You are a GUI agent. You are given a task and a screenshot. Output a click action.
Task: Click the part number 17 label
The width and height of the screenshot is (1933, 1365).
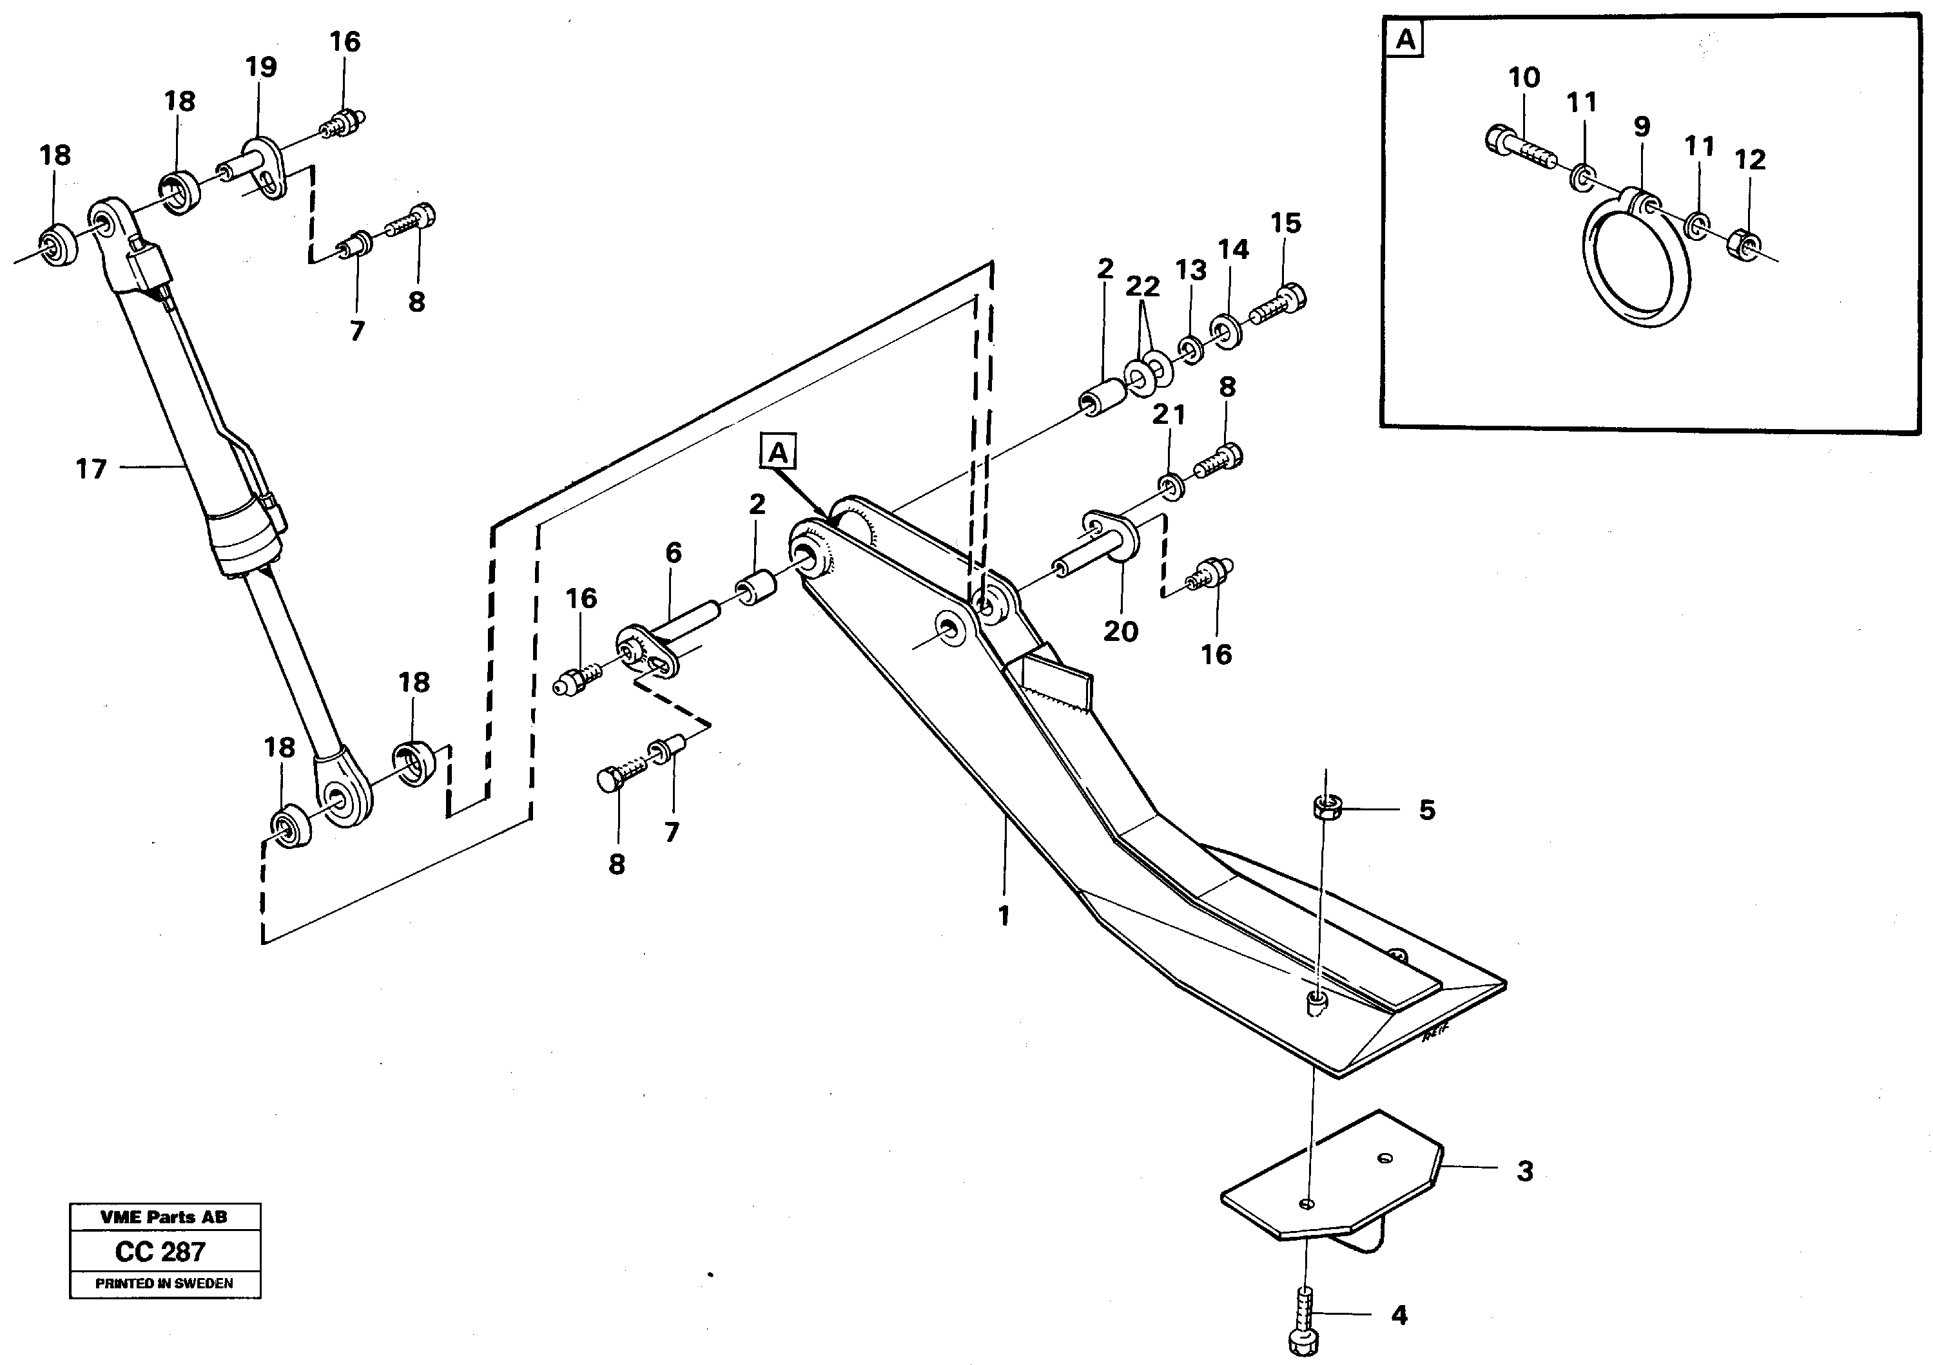coord(91,469)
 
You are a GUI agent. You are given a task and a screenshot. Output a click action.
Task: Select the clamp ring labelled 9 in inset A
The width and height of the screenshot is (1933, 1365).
coord(1636,263)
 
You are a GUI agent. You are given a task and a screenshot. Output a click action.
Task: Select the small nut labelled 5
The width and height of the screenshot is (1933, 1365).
coord(1327,808)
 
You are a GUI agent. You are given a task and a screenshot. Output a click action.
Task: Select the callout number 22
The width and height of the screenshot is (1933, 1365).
coord(1142,287)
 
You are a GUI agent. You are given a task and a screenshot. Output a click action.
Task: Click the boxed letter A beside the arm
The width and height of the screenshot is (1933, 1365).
coord(778,453)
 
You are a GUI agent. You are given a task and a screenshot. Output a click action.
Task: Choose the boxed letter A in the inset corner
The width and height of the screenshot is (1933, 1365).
coord(1405,39)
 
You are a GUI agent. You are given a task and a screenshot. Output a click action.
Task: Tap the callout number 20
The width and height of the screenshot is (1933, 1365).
coord(1121,631)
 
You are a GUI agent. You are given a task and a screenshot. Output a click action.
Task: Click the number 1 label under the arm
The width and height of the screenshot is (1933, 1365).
coord(1003,915)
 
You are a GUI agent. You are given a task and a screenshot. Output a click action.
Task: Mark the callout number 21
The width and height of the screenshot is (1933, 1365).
coord(1169,414)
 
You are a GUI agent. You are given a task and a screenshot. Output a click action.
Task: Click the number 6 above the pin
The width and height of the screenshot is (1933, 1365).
coord(673,553)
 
